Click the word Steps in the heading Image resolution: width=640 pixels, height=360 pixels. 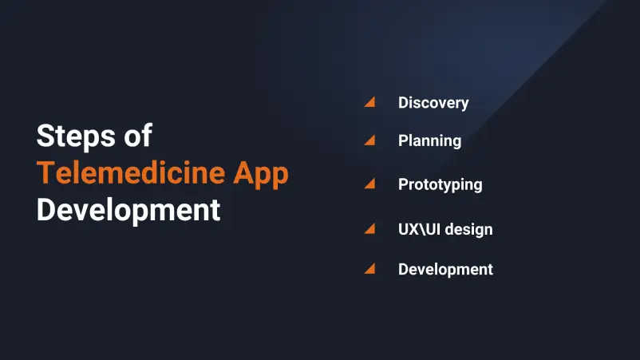pos(71,136)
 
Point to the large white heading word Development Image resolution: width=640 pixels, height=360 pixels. pos(128,210)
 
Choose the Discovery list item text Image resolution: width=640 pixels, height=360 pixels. pos(433,103)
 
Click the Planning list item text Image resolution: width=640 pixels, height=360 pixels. pos(429,141)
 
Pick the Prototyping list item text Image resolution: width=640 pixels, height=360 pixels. pos(440,184)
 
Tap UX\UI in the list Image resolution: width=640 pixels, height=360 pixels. pos(417,230)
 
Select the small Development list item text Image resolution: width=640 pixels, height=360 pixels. pos(445,270)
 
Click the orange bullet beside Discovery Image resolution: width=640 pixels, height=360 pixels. pos(369,102)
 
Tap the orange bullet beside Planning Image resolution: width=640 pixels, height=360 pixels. pos(369,140)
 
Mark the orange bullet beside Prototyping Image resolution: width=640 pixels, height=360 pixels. pos(369,184)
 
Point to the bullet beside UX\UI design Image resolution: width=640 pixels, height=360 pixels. pos(369,229)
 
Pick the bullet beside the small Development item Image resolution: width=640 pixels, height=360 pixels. pos(369,269)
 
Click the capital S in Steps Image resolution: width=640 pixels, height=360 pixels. pos(45,136)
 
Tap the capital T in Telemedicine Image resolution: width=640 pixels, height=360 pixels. pos(45,173)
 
